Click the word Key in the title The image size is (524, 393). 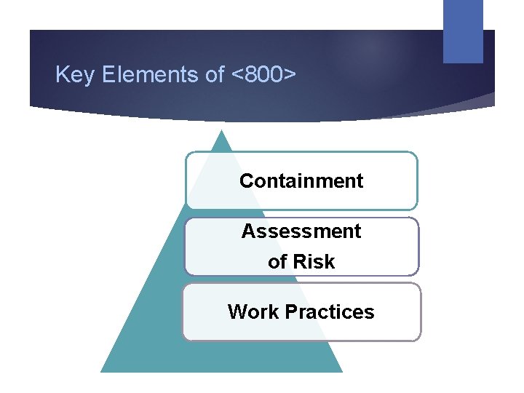point(72,75)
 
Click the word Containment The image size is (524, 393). point(301,180)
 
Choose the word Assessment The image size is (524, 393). point(301,231)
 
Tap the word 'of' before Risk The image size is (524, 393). point(277,262)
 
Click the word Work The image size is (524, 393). point(253,312)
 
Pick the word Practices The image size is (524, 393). point(330,312)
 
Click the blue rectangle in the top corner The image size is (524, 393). point(463,31)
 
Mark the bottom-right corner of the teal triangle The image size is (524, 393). point(341,371)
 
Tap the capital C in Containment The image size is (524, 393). point(246,180)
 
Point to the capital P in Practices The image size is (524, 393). point(291,312)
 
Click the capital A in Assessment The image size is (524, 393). point(247,231)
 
